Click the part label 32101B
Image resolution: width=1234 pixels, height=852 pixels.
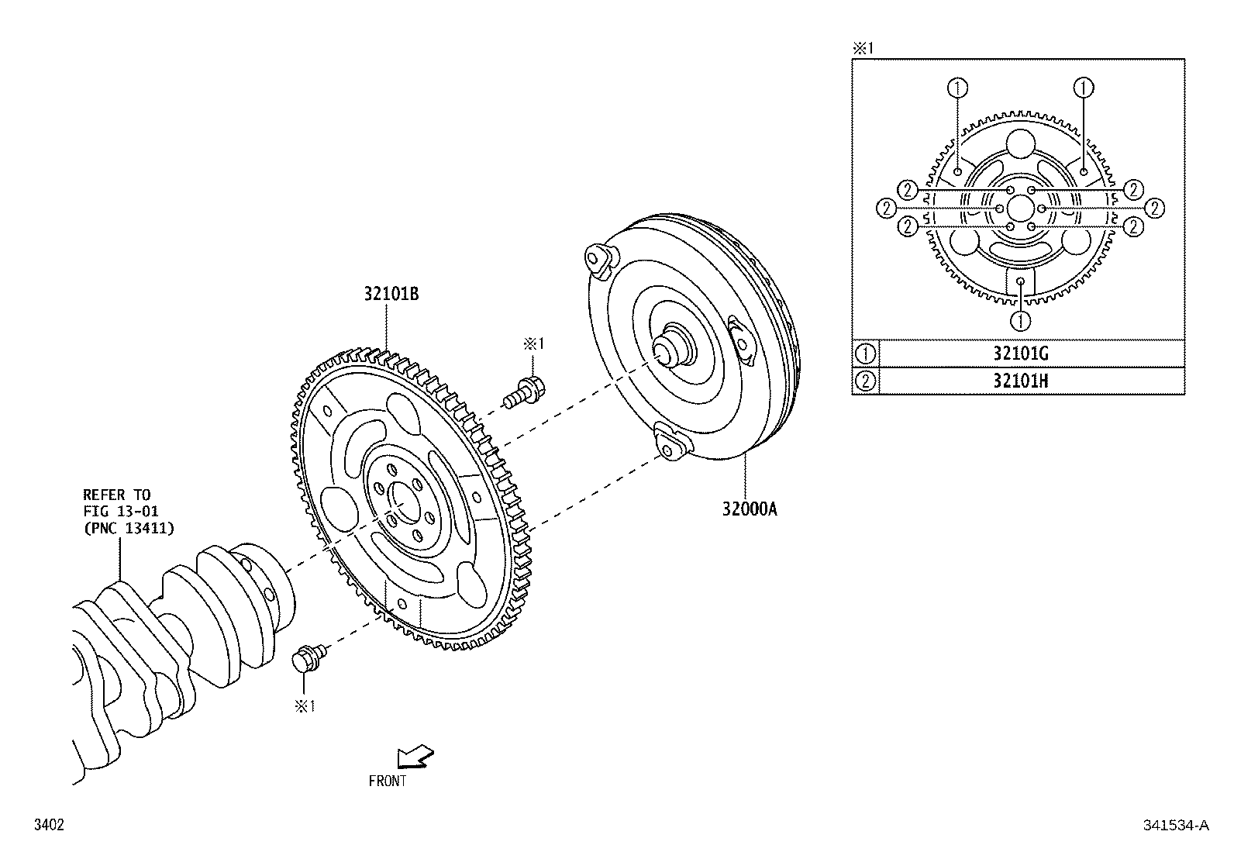[391, 295]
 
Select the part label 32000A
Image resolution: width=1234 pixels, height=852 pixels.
[750, 509]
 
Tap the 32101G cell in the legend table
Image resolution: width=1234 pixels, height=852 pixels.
[1021, 354]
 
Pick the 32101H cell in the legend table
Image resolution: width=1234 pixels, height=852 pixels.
[1021, 381]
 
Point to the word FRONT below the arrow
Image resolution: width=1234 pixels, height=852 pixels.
[388, 781]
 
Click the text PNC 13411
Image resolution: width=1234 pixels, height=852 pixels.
[129, 529]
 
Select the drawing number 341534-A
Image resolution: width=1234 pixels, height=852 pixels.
[1176, 825]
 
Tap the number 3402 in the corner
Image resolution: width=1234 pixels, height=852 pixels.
[49, 825]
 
